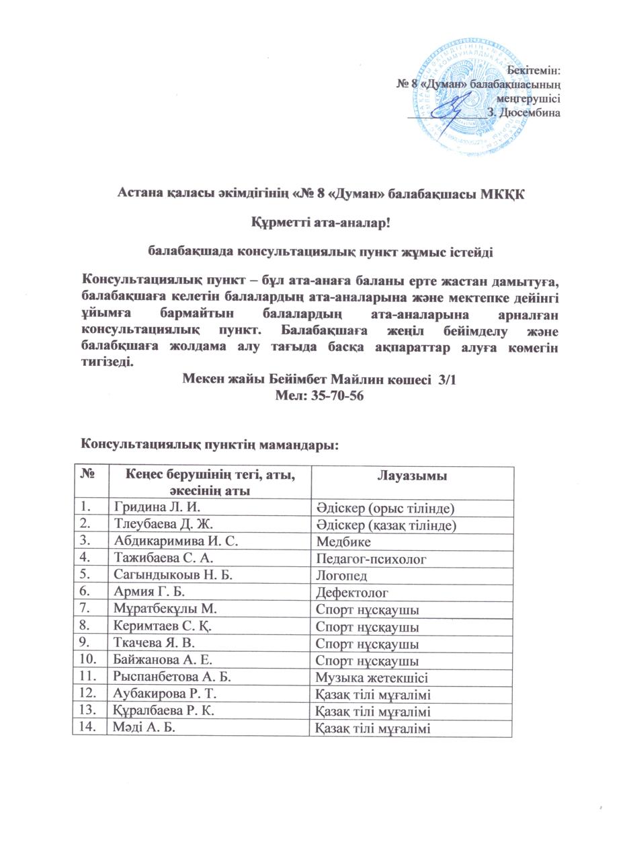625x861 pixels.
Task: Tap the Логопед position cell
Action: tap(343, 575)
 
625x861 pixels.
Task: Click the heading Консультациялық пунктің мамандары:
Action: tap(208, 445)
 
